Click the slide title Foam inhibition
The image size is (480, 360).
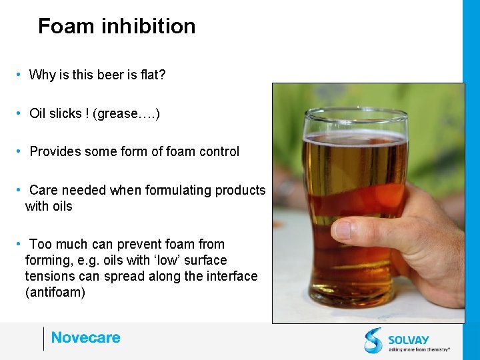pyautogui.click(x=117, y=26)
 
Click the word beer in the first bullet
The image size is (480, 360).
pyautogui.click(x=107, y=75)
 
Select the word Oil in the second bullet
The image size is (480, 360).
pyautogui.click(x=37, y=113)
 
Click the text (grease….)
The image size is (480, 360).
pyautogui.click(x=126, y=113)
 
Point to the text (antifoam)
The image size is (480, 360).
pyautogui.click(x=55, y=292)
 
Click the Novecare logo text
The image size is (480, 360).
pyautogui.click(x=85, y=338)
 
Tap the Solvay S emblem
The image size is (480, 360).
pyautogui.click(x=373, y=340)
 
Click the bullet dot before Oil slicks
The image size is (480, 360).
pyautogui.click(x=21, y=113)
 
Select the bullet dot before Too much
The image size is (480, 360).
pyautogui.click(x=21, y=244)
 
